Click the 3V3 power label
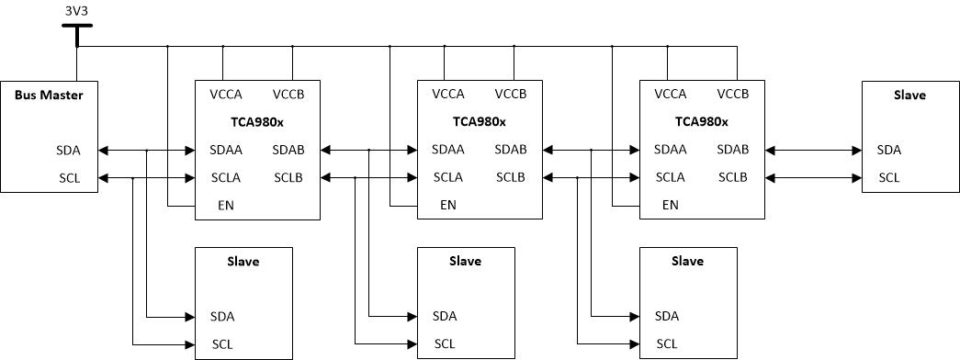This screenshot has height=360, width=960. pyautogui.click(x=76, y=10)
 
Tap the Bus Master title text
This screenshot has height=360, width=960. pyautogui.click(x=49, y=95)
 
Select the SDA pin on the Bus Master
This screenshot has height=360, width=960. pyautogui.click(x=68, y=150)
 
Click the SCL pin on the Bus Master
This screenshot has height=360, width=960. pyautogui.click(x=69, y=178)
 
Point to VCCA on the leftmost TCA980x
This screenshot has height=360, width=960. pyautogui.click(x=226, y=95)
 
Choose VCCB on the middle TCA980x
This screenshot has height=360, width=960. pyautogui.click(x=511, y=95)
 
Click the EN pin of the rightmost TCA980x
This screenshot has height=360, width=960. pyautogui.click(x=671, y=205)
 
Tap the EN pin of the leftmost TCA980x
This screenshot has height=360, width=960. pyautogui.click(x=226, y=205)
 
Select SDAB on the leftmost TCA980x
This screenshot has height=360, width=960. pyautogui.click(x=288, y=150)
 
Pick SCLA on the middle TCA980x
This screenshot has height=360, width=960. pyautogui.click(x=448, y=177)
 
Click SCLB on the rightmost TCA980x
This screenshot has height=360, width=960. pyautogui.click(x=733, y=177)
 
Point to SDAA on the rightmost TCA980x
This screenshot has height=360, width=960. pyautogui.click(x=670, y=150)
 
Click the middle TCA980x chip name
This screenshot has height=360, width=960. pyautogui.click(x=480, y=121)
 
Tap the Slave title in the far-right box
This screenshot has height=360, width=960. pyautogui.click(x=910, y=95)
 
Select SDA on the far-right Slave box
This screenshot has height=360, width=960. pyautogui.click(x=889, y=150)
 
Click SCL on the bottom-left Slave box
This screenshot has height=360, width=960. pyautogui.click(x=222, y=344)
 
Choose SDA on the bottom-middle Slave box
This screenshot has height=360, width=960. pyautogui.click(x=445, y=317)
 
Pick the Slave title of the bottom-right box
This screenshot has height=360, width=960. pyautogui.click(x=687, y=261)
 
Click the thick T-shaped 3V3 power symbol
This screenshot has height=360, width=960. pyautogui.click(x=77, y=35)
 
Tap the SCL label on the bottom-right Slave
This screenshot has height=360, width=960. pyautogui.click(x=667, y=344)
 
